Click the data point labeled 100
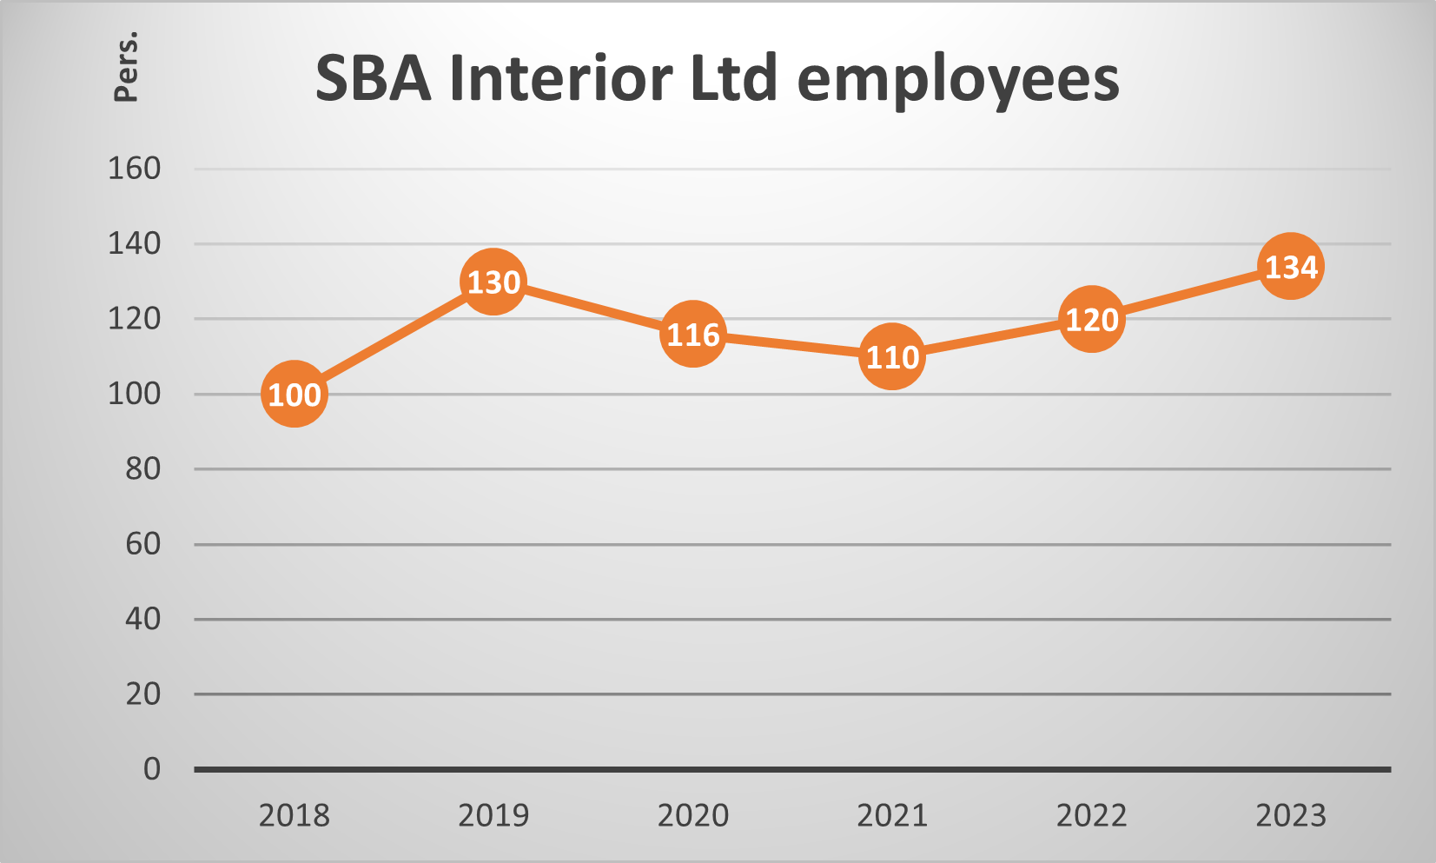tap(294, 394)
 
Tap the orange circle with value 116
tap(692, 334)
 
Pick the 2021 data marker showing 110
tap(892, 356)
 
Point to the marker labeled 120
tap(1091, 319)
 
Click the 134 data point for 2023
tap(1291, 266)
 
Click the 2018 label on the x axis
tap(294, 815)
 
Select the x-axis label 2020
tap(692, 815)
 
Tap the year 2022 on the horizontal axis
tap(1091, 815)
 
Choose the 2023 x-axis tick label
tap(1291, 815)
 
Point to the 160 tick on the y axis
tap(134, 168)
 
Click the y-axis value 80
tap(142, 468)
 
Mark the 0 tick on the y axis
tap(152, 768)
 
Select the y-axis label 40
tap(142, 619)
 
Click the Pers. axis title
tap(126, 67)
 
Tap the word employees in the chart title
tap(957, 80)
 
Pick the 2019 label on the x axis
tap(493, 815)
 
